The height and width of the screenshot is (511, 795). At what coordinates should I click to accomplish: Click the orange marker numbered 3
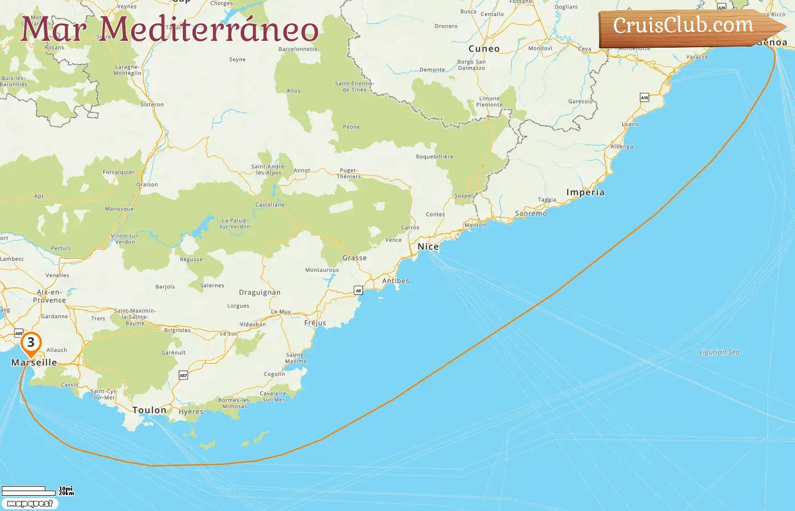31,342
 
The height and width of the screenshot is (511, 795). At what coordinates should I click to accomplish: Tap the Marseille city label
34,362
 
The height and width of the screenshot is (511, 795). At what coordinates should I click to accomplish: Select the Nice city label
428,246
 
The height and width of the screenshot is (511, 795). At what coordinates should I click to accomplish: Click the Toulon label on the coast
149,410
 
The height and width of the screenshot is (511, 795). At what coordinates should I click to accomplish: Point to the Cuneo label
484,49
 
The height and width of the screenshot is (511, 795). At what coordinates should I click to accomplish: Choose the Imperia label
585,192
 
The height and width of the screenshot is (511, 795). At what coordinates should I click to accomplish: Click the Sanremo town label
531,213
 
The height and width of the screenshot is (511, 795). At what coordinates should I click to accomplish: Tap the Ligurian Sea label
719,352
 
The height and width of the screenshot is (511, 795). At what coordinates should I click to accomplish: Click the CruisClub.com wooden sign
687,27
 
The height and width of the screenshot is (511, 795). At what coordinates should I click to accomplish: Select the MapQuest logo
30,503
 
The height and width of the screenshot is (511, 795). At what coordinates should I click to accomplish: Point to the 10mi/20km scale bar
34,491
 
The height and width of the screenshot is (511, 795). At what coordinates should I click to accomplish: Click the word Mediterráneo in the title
209,30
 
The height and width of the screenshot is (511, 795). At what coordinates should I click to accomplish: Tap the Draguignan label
260,292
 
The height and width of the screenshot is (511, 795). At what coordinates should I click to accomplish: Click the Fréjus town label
315,322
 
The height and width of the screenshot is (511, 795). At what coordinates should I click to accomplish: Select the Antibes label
396,281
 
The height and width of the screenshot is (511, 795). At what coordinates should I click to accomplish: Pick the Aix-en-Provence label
49,296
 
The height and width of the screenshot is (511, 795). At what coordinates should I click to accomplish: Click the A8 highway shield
358,291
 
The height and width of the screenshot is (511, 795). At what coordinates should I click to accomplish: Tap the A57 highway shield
183,375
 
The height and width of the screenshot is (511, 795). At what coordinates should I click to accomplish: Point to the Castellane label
270,204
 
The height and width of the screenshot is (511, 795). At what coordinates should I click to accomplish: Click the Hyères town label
191,412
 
